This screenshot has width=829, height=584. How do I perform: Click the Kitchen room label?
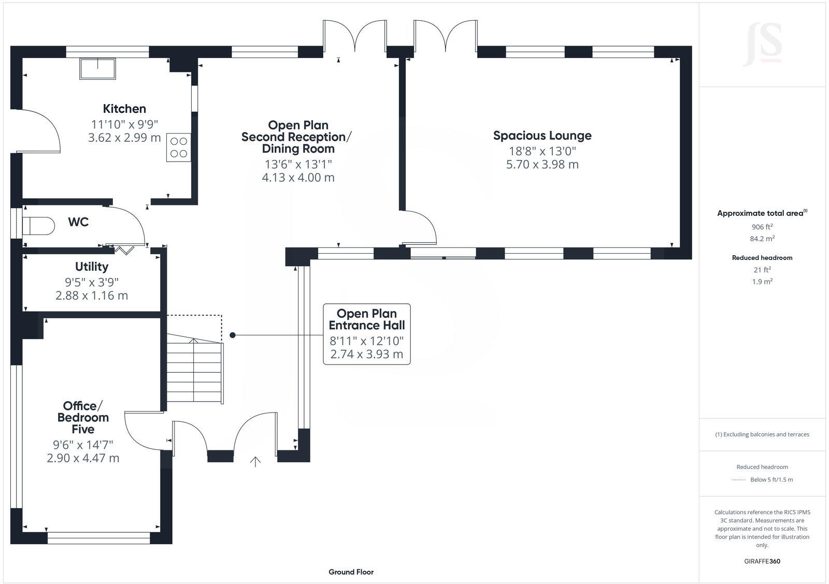(124, 109)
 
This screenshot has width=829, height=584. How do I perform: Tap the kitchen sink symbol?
(97, 69)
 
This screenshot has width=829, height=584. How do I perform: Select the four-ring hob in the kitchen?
(178, 147)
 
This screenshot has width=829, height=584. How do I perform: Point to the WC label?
(78, 222)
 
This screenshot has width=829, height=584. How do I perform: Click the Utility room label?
(92, 267)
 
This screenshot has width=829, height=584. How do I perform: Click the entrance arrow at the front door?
(255, 461)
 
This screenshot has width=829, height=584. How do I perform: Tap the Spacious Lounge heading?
(542, 136)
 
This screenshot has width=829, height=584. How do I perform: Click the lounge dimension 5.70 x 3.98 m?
(542, 165)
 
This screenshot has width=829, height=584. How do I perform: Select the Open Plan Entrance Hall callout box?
(367, 334)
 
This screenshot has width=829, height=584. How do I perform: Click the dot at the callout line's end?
(233, 335)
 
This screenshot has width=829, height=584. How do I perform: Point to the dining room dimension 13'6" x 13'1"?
(298, 165)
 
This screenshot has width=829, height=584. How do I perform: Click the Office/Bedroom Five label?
(83, 417)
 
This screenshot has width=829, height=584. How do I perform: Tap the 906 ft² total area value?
(762, 227)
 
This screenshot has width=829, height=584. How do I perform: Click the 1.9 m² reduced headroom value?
(762, 282)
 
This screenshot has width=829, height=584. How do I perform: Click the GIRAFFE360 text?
(762, 561)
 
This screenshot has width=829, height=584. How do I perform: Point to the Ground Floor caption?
(351, 572)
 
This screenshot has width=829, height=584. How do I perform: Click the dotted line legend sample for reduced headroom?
(738, 480)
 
